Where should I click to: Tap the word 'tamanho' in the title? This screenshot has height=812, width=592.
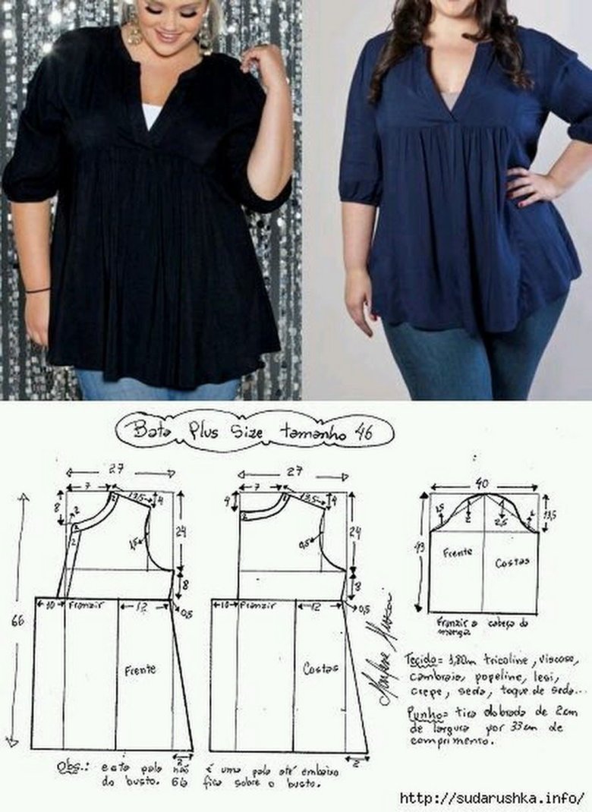coord(306,433)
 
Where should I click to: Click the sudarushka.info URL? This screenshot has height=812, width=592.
coord(493,798)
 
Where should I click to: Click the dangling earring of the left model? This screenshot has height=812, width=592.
coord(135,30)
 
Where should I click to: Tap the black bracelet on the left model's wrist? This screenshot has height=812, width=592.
coord(37,290)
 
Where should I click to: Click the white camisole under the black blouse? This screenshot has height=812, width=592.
coord(152,115)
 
